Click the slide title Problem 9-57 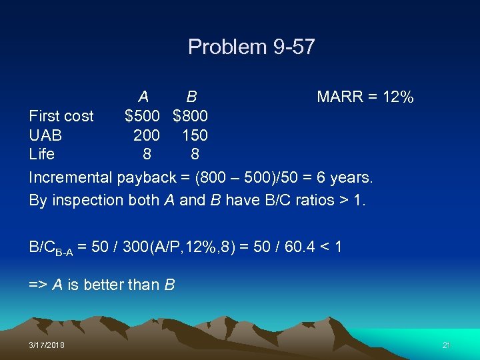pyautogui.click(x=251, y=47)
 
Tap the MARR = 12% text pyautogui.click(x=365, y=97)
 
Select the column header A pyautogui.click(x=144, y=97)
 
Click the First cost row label pyautogui.click(x=61, y=116)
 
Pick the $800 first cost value pyautogui.click(x=191, y=116)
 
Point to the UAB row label pyautogui.click(x=45, y=135)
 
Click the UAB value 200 pyautogui.click(x=147, y=135)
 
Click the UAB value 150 pyautogui.click(x=195, y=135)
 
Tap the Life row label pyautogui.click(x=41, y=154)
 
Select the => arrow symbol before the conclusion pyautogui.click(x=37, y=285)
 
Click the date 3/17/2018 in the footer pyautogui.click(x=47, y=345)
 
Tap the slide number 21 pyautogui.click(x=446, y=345)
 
